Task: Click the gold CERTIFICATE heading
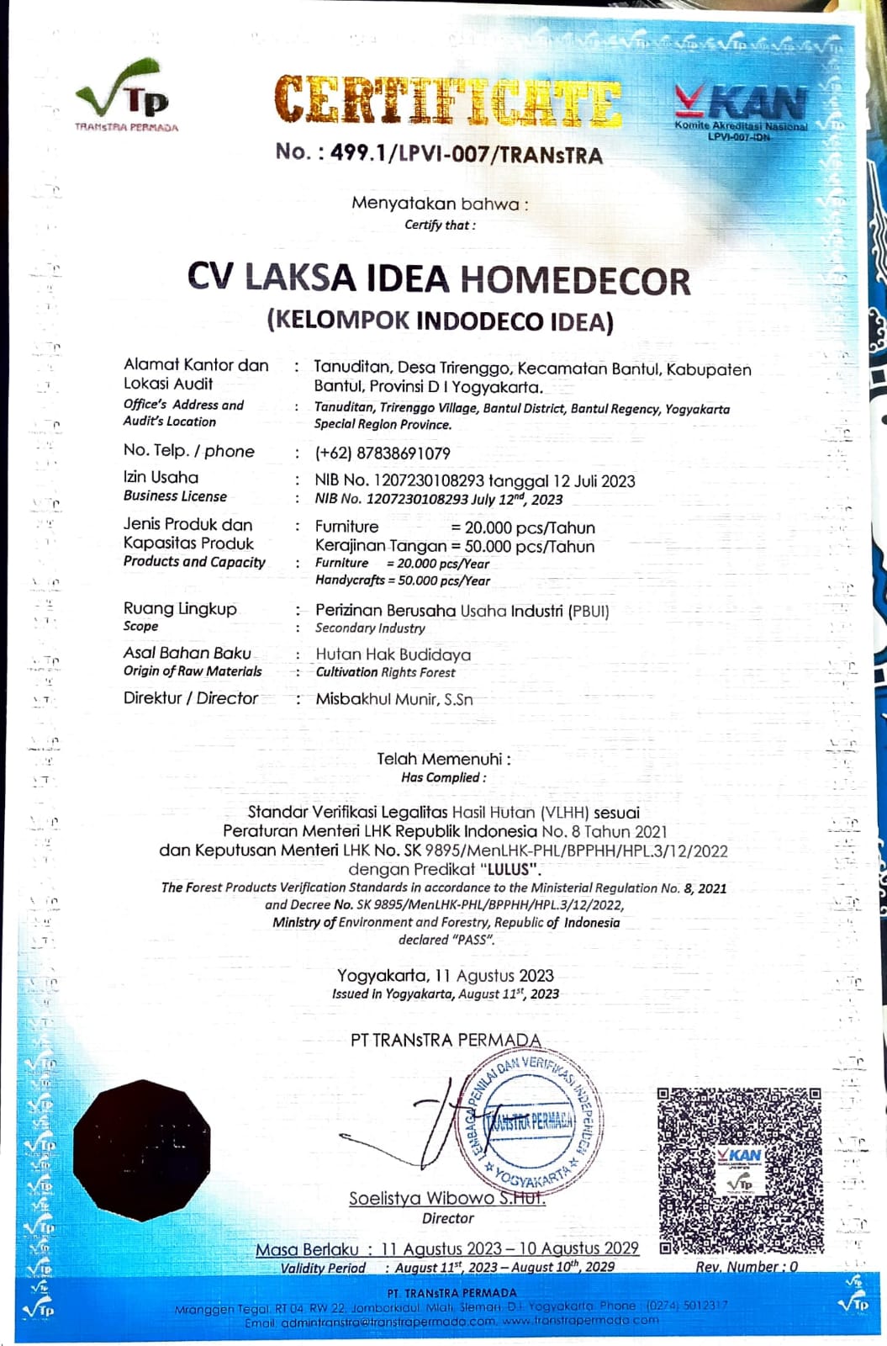[447, 103]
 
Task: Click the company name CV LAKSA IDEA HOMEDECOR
[439, 279]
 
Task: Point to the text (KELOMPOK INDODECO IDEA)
[440, 321]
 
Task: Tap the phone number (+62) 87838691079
[383, 453]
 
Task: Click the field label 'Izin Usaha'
[161, 477]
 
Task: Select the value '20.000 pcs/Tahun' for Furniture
[530, 527]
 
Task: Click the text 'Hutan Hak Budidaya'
[393, 654]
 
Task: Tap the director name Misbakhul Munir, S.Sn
[394, 699]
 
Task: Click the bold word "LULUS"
[508, 869]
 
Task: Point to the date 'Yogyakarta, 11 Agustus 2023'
[446, 976]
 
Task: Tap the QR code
[740, 1168]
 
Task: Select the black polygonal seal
[141, 1151]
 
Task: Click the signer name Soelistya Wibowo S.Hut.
[447, 1198]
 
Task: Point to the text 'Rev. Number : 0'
[746, 1267]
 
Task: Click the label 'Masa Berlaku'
[307, 1249]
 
